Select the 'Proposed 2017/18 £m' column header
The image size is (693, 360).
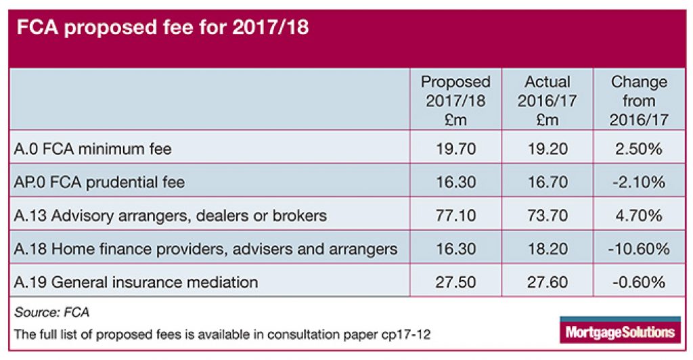coord(455,101)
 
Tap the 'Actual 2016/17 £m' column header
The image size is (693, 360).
coord(547,101)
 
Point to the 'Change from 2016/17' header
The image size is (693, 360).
coord(638,101)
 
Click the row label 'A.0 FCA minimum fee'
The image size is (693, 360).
coord(93,149)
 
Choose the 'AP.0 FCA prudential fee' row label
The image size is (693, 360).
coord(99,182)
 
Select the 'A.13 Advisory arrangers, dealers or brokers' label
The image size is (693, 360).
coord(170,216)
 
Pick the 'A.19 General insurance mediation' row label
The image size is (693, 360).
coord(135,282)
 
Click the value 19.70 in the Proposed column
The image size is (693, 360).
coord(455,149)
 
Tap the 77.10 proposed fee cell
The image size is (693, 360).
coord(455,216)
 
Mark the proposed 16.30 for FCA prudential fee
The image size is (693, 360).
coord(455,182)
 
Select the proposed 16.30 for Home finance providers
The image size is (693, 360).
coord(455,249)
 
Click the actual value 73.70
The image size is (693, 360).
coord(547,216)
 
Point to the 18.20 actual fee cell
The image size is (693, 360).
coord(547,249)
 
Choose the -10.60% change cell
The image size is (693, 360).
coord(638,249)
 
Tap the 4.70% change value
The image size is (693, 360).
coord(638,216)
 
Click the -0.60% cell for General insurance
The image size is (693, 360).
coord(638,282)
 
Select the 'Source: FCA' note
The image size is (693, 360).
coord(51,312)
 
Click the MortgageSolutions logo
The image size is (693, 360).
coord(618,330)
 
